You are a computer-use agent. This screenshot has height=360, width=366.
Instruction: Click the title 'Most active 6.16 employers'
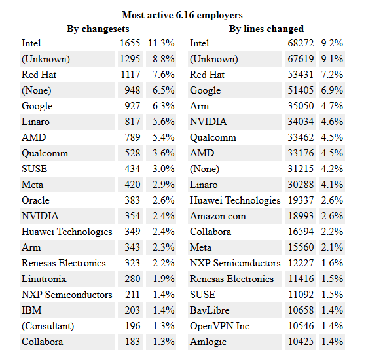[183, 14]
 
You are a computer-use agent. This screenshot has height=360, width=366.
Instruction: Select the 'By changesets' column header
[98, 29]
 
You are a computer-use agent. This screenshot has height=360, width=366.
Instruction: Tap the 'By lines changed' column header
[266, 29]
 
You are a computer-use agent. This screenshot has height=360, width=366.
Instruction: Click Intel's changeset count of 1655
[130, 43]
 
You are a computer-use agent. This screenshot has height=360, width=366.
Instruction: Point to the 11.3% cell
[161, 43]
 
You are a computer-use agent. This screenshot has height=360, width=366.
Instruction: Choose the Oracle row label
[35, 200]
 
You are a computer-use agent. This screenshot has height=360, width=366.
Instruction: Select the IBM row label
[31, 310]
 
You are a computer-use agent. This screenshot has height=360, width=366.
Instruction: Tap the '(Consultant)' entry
[48, 326]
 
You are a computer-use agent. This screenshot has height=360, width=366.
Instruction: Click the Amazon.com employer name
[218, 216]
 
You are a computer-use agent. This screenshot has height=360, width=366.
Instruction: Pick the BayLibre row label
[210, 310]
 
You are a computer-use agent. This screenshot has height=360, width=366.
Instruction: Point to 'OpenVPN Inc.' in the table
[221, 326]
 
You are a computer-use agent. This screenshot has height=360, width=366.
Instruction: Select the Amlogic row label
[209, 342]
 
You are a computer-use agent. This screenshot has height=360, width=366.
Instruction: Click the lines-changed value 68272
[299, 43]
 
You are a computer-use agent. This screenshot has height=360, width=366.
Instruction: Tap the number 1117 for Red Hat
[130, 75]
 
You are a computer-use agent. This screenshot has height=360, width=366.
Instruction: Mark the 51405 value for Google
[299, 90]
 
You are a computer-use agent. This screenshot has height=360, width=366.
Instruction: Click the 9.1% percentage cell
[332, 59]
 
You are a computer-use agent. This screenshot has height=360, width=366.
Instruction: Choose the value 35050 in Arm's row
[299, 106]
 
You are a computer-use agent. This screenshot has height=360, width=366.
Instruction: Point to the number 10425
[299, 342]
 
